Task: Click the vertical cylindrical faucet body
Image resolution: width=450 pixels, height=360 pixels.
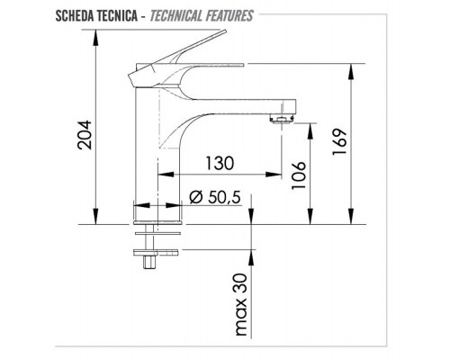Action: pos(148,153)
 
